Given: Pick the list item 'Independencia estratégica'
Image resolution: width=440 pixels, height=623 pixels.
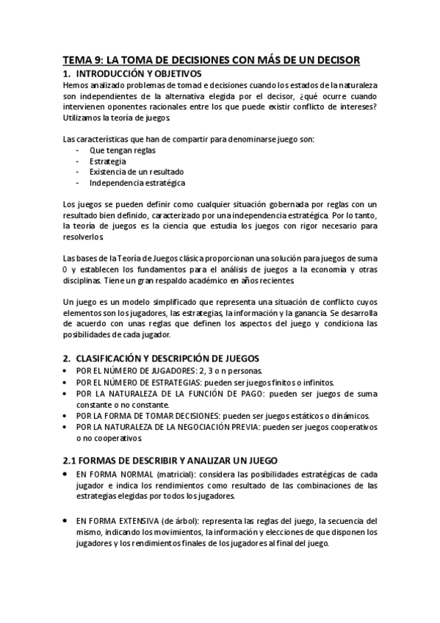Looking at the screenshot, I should [x=137, y=183].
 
